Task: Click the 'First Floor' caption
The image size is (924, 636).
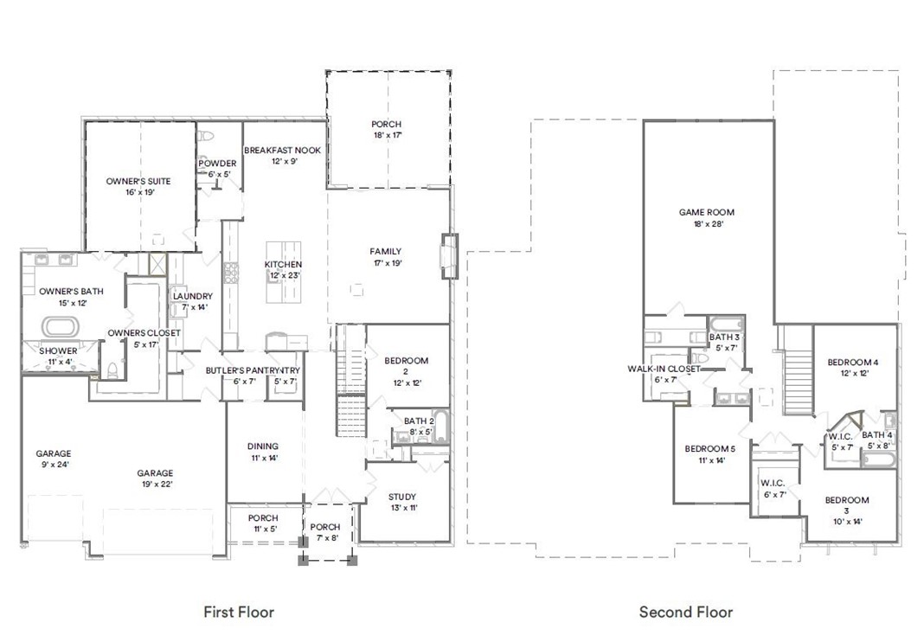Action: coord(238,612)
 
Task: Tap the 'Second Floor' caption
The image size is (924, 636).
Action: coord(685,612)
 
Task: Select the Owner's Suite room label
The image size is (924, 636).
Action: coord(138,182)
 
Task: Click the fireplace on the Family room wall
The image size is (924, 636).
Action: coord(447,255)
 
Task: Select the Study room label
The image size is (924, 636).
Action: coord(401,497)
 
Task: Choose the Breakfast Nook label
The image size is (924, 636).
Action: coord(282,151)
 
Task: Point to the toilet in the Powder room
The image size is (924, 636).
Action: coord(206,137)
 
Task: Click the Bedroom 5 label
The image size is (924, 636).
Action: coord(709,448)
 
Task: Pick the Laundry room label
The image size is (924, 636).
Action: coord(192,297)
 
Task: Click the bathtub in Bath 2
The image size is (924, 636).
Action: coord(439,427)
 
